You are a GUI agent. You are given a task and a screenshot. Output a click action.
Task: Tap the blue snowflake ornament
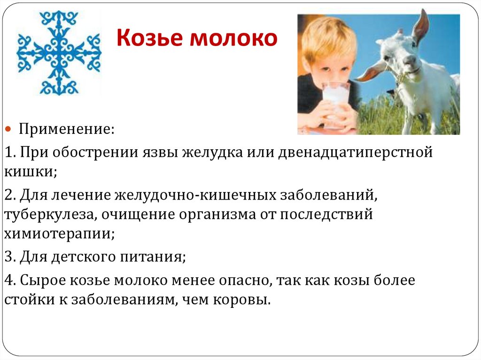coord(59,53)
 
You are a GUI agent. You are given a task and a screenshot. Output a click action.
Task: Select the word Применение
coord(66,129)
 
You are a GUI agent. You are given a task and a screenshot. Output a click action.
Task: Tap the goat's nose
coord(410,61)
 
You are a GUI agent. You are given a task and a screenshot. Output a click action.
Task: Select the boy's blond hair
coord(326,38)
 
